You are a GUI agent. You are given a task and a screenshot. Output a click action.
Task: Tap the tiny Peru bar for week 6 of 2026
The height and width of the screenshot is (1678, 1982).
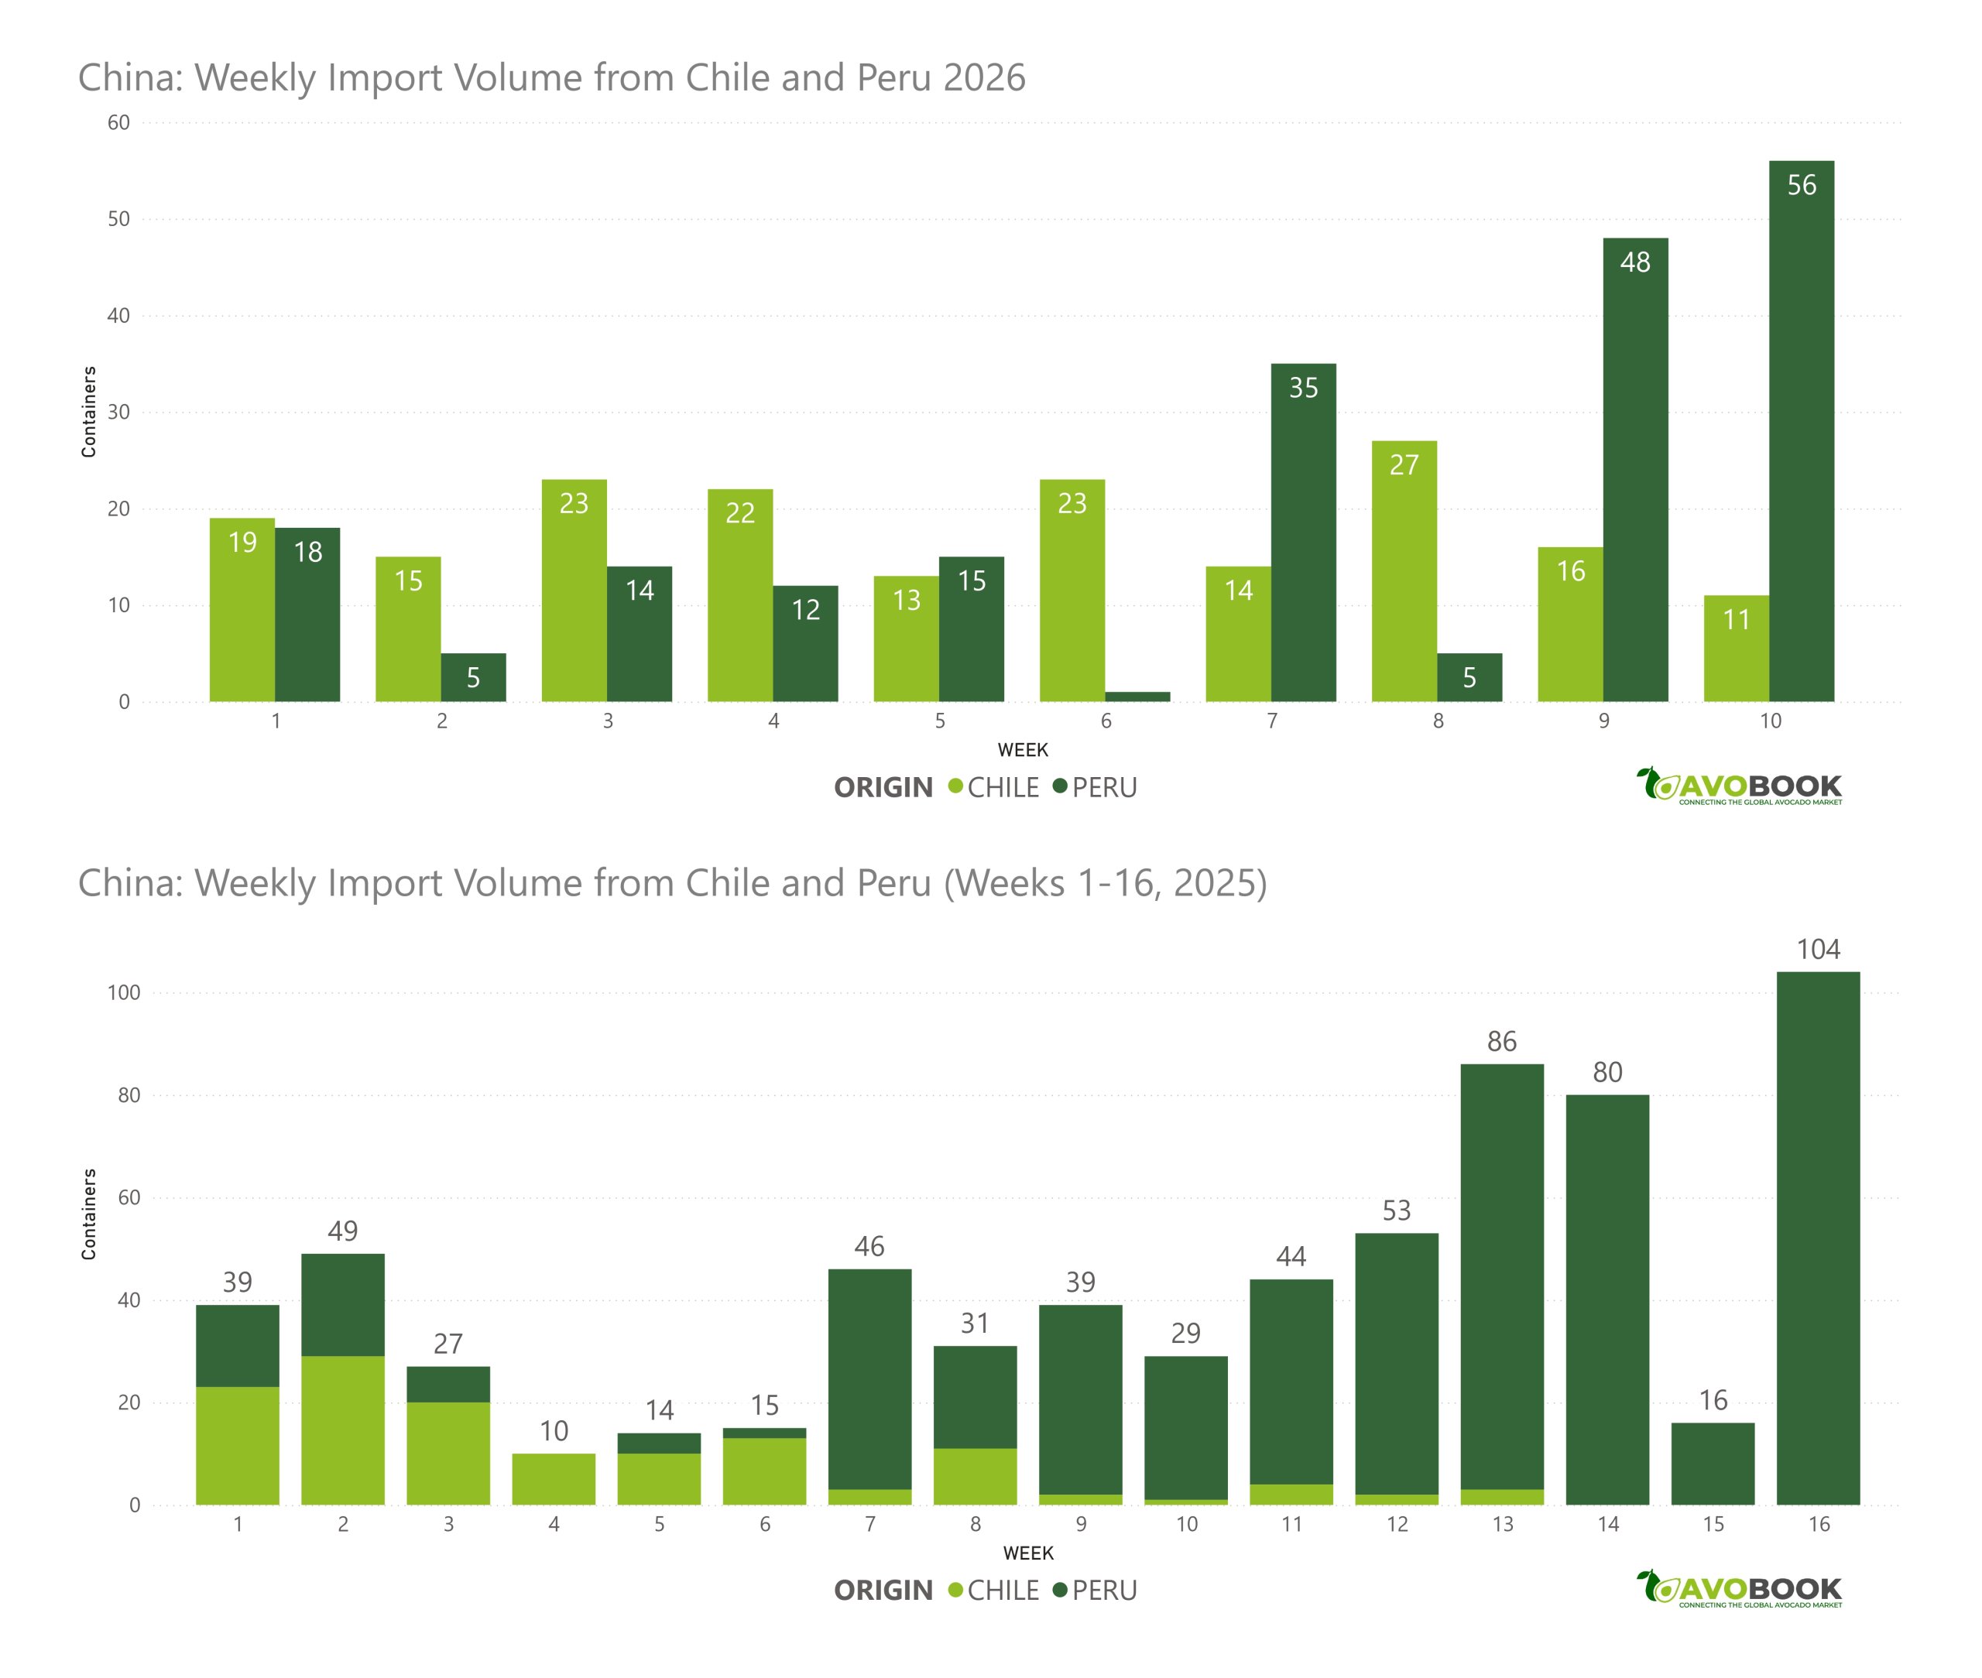click(x=1137, y=697)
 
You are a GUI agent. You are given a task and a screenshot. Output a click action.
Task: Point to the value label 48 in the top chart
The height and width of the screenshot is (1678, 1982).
click(x=1634, y=262)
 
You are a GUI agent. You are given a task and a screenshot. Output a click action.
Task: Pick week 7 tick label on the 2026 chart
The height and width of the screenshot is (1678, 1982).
click(x=1271, y=721)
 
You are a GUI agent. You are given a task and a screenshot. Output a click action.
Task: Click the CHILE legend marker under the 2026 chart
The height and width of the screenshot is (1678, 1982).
click(x=955, y=786)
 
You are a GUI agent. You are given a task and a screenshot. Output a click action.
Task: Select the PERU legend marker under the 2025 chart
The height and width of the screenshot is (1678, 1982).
click(x=1059, y=1590)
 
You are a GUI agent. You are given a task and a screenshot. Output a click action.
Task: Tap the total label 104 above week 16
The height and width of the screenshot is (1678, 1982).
click(x=1817, y=950)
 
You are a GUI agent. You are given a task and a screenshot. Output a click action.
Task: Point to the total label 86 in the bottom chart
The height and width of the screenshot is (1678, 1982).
click(x=1501, y=1042)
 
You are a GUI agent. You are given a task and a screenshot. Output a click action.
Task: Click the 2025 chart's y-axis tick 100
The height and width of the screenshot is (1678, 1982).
click(x=124, y=993)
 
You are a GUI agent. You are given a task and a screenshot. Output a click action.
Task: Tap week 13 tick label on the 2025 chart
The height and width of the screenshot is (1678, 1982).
click(x=1501, y=1524)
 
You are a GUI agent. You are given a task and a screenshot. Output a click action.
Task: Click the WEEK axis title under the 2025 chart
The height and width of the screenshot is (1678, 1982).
click(x=1027, y=1553)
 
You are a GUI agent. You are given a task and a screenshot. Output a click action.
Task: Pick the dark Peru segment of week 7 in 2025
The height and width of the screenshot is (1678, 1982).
click(x=869, y=1379)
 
